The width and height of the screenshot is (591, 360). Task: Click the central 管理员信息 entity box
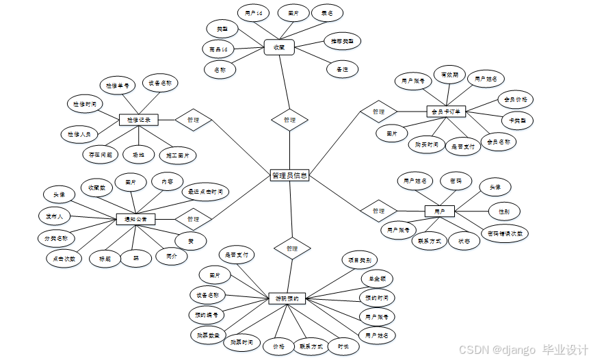(x=289, y=175)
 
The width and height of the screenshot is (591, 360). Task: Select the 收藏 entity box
(x=278, y=47)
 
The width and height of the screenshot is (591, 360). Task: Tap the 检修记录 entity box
(x=138, y=120)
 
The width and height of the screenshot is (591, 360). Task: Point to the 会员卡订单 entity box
(x=445, y=111)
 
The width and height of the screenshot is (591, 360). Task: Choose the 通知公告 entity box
(x=135, y=219)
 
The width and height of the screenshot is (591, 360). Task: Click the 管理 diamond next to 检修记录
(x=193, y=120)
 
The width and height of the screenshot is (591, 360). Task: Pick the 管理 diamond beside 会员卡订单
(x=379, y=111)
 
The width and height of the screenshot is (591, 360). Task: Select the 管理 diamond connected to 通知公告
(x=193, y=219)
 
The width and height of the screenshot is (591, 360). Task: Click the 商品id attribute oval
(x=220, y=49)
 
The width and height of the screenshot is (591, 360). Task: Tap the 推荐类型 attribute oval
(x=339, y=40)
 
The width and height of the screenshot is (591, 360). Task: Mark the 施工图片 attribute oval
(x=177, y=155)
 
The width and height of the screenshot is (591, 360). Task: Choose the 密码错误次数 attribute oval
(x=507, y=233)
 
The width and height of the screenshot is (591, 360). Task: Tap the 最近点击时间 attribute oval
(x=205, y=192)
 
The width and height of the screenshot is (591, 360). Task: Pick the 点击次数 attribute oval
(x=64, y=259)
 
